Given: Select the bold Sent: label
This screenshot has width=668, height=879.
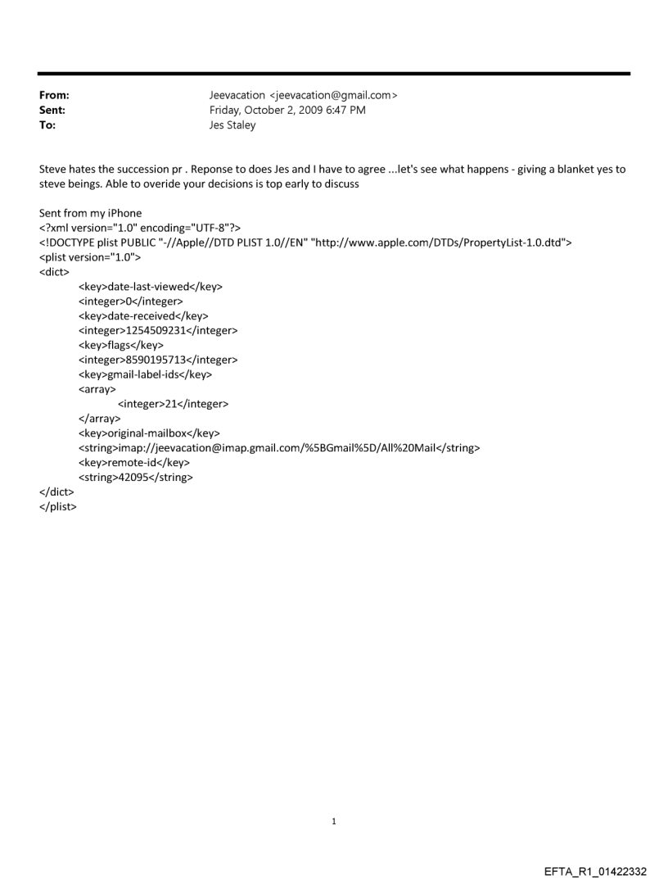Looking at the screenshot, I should pos(52,111).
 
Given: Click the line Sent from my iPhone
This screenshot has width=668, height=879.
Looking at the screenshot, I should pos(90,213).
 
